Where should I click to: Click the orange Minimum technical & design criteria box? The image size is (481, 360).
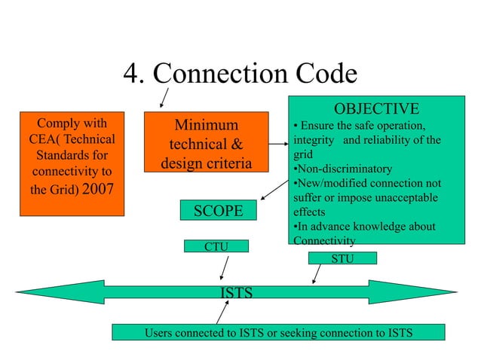(205, 143)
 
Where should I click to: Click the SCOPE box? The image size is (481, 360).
(219, 211)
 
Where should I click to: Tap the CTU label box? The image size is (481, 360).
(216, 246)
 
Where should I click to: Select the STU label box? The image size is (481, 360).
(342, 258)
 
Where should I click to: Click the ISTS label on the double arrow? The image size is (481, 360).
(236, 292)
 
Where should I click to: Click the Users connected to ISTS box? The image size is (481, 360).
(278, 332)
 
